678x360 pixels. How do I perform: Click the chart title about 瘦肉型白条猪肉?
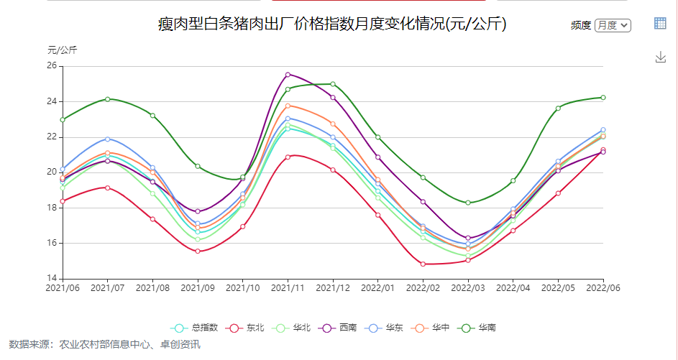[332, 24]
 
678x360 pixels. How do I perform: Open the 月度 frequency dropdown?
[613, 25]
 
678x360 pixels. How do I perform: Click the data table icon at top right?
[660, 23]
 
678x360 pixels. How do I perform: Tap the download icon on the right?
[661, 57]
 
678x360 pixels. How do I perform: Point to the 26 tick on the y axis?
[52, 66]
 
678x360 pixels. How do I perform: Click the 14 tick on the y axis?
[52, 278]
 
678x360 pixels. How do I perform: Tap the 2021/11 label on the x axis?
[288, 288]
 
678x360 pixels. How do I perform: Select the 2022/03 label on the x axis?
[468, 288]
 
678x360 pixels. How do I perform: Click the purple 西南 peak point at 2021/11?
[288, 75]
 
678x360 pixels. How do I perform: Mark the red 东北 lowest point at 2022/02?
[423, 264]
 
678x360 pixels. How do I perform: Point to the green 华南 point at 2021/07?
[107, 99]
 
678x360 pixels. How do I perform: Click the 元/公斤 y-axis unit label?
[63, 50]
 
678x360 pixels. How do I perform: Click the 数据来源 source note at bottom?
[104, 345]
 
